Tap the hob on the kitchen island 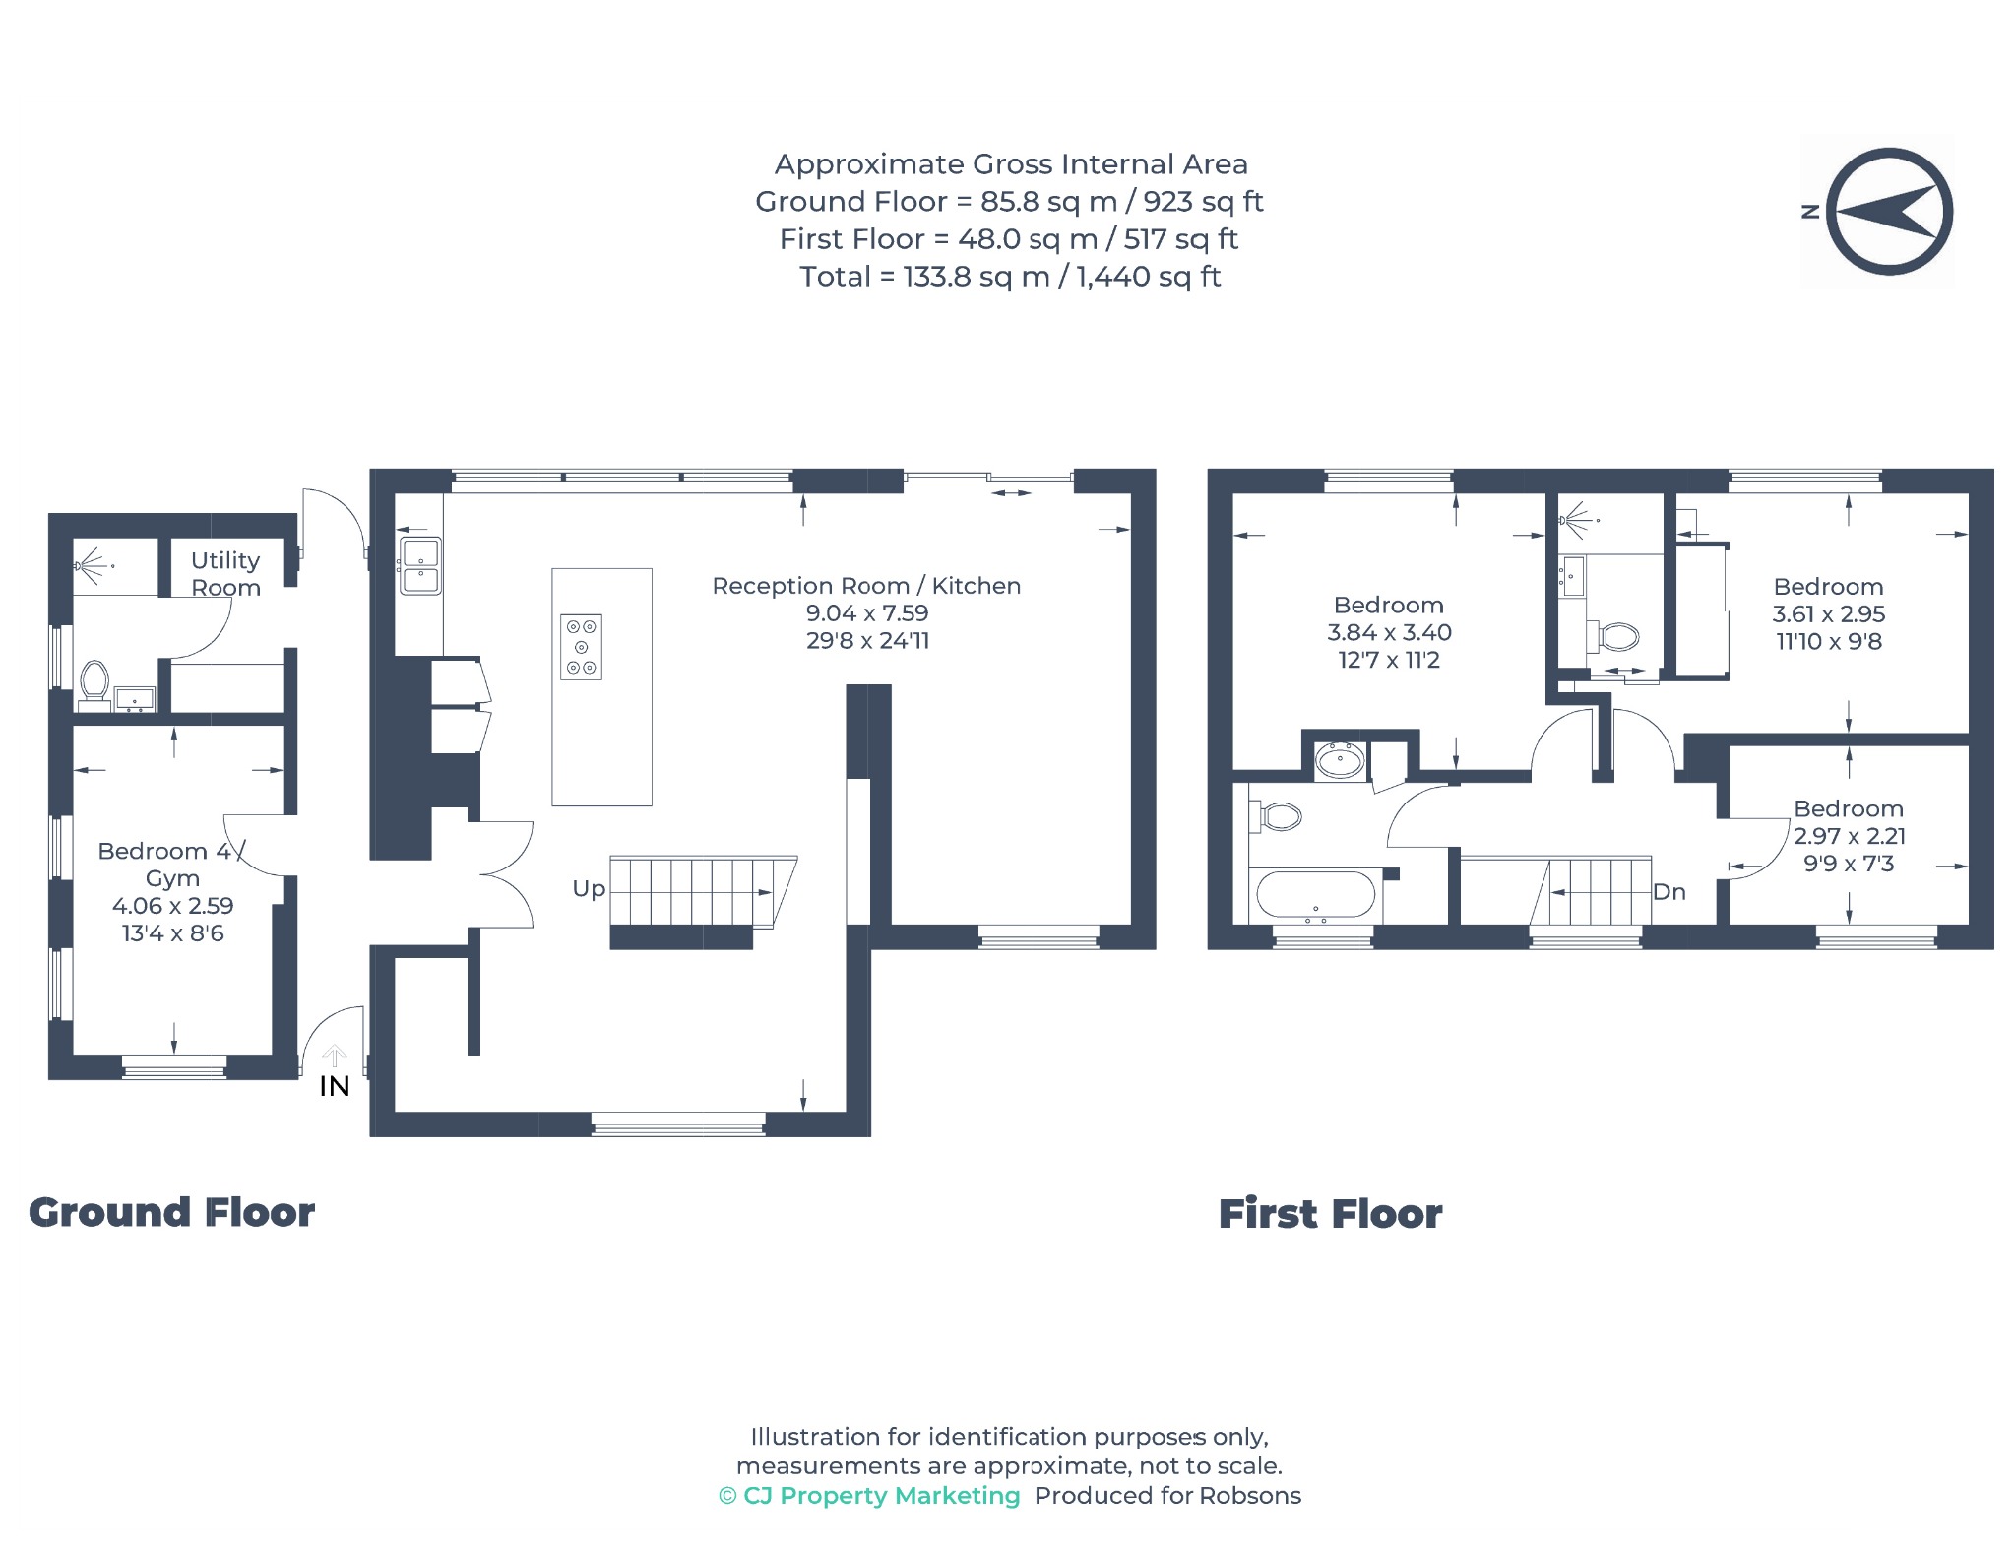tap(581, 647)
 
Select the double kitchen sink tap(420, 566)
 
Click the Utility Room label tap(225, 574)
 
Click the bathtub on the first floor tap(1315, 895)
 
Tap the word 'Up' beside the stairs tap(589, 889)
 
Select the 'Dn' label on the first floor tap(1669, 892)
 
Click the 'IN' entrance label tap(335, 1086)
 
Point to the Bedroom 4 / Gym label tap(172, 865)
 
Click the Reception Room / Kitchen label tap(866, 586)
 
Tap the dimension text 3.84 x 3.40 tap(1389, 632)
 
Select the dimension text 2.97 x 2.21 tap(1850, 836)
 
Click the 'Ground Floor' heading tap(171, 1212)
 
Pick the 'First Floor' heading tap(1330, 1214)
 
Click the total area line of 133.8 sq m tap(1010, 277)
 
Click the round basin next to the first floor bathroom tap(1340, 760)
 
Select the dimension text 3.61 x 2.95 tap(1829, 613)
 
